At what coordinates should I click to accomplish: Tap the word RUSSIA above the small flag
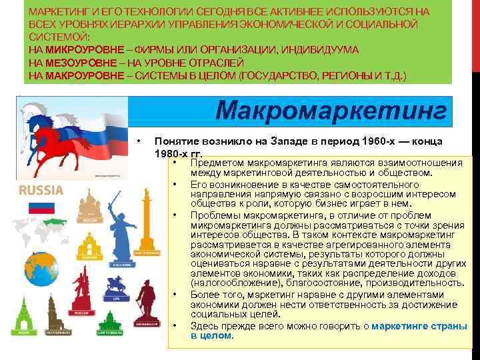click(x=41, y=190)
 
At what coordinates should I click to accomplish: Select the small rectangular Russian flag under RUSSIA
click(x=41, y=207)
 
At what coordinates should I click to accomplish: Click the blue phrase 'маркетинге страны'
click(x=419, y=326)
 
